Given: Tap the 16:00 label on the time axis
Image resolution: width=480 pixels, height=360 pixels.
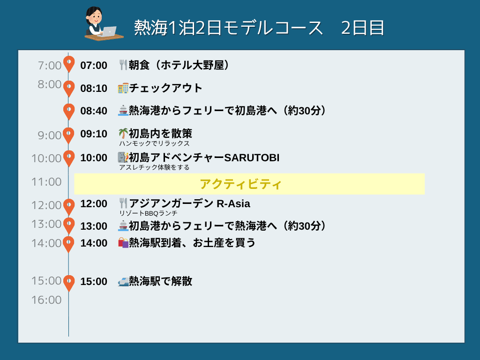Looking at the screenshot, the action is [x=46, y=300].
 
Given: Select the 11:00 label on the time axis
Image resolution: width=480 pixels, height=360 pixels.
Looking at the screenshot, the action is [x=46, y=182].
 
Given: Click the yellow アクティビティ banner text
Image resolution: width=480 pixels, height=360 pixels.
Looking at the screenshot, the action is [x=240, y=184].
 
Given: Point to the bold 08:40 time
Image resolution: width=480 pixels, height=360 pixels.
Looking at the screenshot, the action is [x=94, y=111].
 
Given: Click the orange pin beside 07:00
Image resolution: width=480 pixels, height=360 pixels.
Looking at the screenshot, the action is [x=69, y=64].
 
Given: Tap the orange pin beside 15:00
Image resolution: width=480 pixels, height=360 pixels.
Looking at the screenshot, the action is [x=69, y=283].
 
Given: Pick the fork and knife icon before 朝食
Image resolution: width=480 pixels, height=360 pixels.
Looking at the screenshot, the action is [x=123, y=65].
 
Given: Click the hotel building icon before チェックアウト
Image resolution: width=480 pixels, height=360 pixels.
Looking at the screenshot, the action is [x=123, y=88].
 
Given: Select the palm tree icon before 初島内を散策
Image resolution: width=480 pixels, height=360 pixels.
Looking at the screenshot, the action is [x=123, y=134].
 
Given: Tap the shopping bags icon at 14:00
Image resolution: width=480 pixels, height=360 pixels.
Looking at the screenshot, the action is [x=123, y=243].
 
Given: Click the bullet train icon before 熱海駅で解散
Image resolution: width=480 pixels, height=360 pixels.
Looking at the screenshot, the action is [x=123, y=281].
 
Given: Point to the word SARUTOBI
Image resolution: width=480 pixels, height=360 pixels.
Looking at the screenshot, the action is [x=252, y=157].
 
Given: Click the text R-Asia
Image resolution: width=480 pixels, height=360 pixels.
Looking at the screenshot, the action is [x=233, y=203].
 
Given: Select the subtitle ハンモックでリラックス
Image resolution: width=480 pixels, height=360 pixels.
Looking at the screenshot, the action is [x=154, y=143].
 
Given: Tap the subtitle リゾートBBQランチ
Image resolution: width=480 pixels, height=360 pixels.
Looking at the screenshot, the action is [x=148, y=213].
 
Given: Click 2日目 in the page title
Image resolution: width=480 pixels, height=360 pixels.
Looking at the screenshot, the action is [x=362, y=28].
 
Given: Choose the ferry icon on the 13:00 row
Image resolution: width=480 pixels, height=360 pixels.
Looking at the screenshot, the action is [x=123, y=226].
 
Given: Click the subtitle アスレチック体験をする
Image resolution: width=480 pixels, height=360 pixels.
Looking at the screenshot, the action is [x=154, y=167].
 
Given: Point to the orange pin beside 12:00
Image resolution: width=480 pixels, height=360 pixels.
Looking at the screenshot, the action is [x=69, y=207].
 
